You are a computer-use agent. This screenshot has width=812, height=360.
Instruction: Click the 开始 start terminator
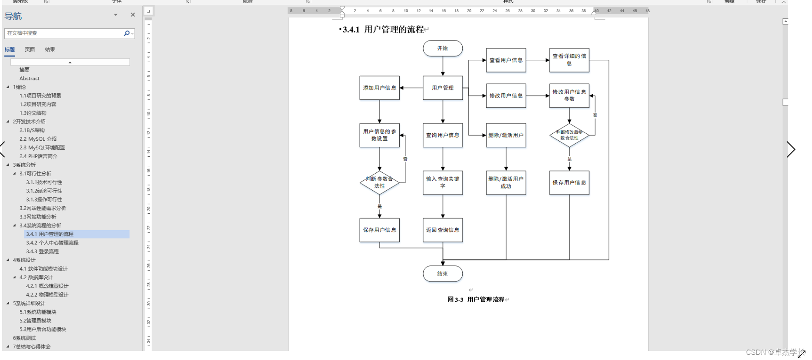(443, 48)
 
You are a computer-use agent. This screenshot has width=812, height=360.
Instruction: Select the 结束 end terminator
(443, 274)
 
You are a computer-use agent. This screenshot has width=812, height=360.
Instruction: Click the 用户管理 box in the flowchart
(443, 88)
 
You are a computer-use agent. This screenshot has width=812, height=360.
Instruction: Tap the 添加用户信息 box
(379, 88)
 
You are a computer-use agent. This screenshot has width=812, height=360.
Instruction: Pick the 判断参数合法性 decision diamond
(379, 182)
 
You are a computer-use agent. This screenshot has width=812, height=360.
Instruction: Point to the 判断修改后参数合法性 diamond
(569, 135)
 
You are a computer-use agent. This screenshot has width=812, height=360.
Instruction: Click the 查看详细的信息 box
(569, 60)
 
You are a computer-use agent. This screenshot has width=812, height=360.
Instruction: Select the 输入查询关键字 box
(443, 182)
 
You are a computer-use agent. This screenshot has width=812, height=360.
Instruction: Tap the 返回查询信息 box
(443, 230)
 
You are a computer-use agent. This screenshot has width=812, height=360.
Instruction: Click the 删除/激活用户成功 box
(506, 182)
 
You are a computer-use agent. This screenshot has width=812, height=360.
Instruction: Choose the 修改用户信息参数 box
(569, 96)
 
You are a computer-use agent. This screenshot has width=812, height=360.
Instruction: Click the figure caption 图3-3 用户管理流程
(476, 300)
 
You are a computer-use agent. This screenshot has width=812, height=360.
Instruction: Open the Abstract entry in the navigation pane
(30, 79)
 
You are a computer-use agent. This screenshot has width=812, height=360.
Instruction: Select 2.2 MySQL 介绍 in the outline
(38, 139)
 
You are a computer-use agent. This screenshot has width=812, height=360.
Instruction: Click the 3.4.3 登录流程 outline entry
(42, 251)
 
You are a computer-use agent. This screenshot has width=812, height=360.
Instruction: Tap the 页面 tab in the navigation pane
(30, 50)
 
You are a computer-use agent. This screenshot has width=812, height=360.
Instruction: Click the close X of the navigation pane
(133, 15)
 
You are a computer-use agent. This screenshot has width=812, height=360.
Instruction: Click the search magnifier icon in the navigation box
(126, 33)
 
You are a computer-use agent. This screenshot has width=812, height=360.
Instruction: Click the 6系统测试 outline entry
(24, 338)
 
